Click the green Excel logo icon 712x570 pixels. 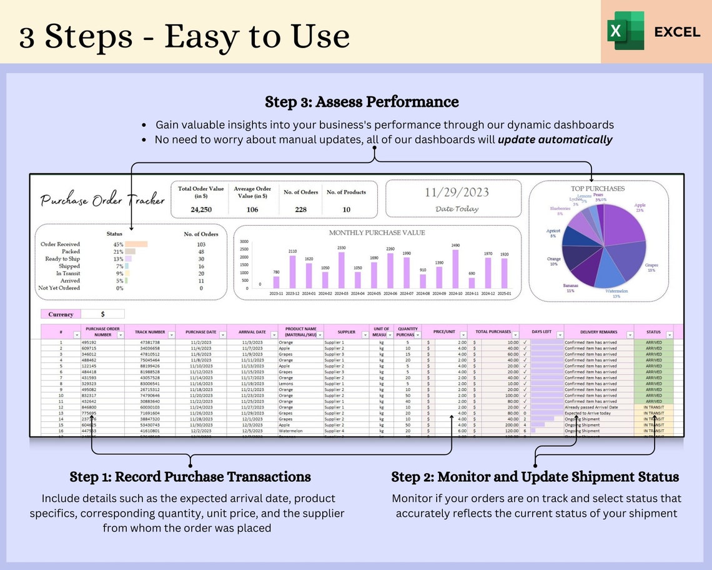(625, 31)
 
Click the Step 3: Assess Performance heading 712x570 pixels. (362, 102)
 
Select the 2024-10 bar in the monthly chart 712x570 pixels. (455, 269)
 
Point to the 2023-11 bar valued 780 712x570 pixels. (276, 282)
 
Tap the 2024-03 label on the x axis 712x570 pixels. (341, 293)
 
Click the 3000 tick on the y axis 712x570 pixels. (244, 241)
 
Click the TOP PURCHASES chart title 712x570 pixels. (597, 188)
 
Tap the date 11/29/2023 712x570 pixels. (457, 192)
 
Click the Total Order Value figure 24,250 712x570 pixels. (200, 209)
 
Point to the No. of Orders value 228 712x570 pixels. (300, 209)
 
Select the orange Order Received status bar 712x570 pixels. (136, 244)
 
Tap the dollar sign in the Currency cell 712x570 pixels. (102, 314)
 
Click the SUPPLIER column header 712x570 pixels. (346, 331)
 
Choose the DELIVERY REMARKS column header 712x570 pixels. (598, 332)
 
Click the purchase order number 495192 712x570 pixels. (89, 342)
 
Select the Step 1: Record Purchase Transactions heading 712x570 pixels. (190, 477)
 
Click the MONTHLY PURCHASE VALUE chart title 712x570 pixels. (377, 232)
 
